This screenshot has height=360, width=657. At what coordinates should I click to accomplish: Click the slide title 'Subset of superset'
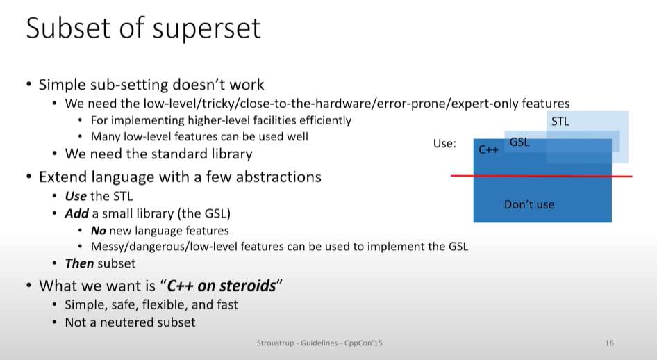[x=143, y=28]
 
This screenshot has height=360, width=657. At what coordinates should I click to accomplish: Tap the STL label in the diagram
[x=560, y=122]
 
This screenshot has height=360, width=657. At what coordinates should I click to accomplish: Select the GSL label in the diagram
[x=519, y=142]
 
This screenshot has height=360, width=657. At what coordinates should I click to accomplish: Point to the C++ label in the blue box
[x=488, y=149]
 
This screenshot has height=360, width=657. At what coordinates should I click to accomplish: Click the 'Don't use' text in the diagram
[x=529, y=204]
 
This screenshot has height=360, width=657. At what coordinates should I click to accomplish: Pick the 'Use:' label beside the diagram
[x=444, y=144]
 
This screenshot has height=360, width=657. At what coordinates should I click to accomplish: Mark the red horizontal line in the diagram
[x=541, y=176]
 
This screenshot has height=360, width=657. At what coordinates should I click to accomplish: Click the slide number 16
[x=609, y=343]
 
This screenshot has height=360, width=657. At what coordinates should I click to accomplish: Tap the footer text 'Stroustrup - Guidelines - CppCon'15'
[x=319, y=343]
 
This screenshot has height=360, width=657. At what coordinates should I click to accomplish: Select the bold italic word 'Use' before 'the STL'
[x=76, y=196]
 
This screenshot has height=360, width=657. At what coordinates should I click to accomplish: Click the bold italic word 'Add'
[x=76, y=214]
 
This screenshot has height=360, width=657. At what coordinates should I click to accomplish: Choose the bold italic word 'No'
[x=99, y=231]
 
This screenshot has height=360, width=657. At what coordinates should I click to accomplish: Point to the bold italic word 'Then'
[x=79, y=263]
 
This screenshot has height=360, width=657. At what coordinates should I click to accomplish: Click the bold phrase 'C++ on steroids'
[x=222, y=286]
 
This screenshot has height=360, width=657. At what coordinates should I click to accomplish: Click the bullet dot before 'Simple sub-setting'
[x=28, y=85]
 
